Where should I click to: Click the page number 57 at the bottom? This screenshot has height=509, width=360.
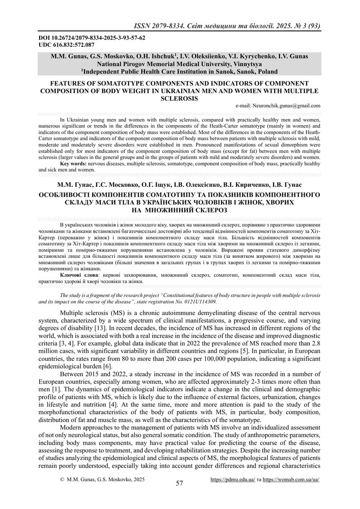point(180,483)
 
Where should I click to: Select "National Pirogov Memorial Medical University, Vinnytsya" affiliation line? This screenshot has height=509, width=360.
point(179,64)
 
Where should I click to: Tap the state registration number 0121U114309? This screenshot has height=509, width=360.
point(197,302)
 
